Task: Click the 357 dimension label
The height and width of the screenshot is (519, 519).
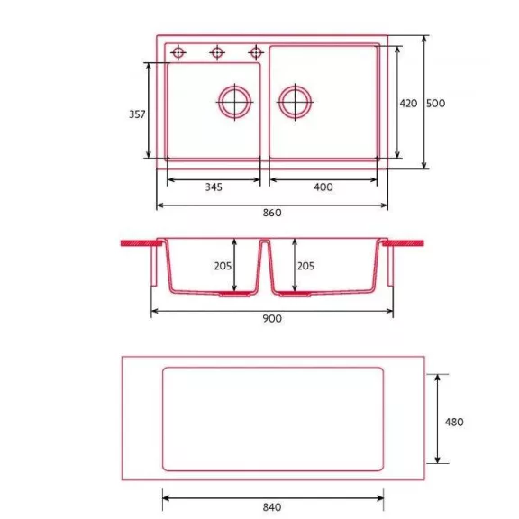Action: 137,114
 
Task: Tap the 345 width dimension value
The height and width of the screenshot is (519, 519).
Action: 214,187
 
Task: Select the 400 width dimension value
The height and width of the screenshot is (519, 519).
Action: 323,187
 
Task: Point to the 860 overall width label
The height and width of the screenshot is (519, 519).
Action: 272,213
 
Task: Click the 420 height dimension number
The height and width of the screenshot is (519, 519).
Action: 408,104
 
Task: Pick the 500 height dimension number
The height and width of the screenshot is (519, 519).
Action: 435,104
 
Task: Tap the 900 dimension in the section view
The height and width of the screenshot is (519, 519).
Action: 272,318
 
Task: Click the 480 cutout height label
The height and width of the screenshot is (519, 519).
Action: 454,422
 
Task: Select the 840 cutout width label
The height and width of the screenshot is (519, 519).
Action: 272,507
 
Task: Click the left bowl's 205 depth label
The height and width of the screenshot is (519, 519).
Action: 223,266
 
